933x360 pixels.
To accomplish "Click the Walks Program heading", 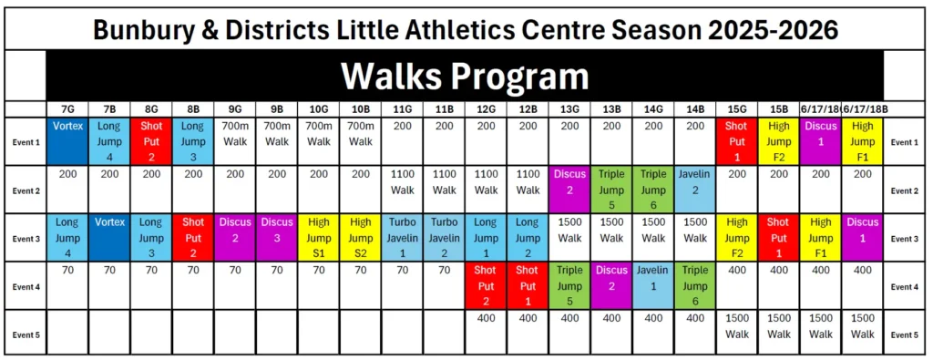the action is tap(465, 76).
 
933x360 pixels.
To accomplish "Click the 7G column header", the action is tap(67, 110).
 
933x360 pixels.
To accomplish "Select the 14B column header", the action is tap(694, 110).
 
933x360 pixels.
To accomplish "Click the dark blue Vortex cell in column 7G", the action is tap(67, 141).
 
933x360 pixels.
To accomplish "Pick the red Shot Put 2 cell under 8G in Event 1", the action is tap(152, 141).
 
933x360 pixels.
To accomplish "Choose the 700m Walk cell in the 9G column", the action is tap(235, 141).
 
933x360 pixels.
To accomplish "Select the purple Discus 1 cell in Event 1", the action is tap(821, 141).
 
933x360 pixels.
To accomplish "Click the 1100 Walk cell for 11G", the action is tap(402, 190).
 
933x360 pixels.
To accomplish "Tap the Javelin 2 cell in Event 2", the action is tap(695, 190).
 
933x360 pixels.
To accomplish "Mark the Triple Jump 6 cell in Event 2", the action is tap(653, 190).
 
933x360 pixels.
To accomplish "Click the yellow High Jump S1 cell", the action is tap(319, 238).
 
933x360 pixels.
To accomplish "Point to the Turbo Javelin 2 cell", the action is tap(445, 238).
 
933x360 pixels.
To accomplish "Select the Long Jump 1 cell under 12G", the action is tap(487, 238).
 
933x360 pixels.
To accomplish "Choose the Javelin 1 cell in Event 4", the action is tap(653, 286).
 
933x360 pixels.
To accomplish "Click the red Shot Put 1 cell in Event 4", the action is tap(528, 286).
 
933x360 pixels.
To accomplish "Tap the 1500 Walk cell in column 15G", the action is tap(737, 334).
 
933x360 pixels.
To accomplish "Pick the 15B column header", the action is tap(779, 110).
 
